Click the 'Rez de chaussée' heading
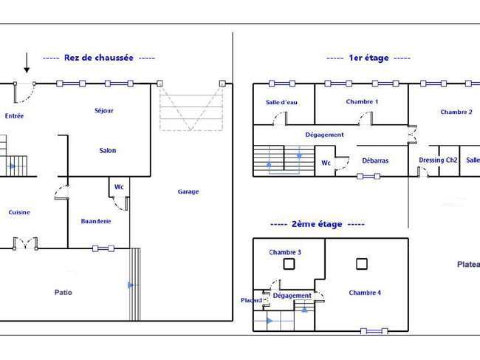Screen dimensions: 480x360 [98, 58]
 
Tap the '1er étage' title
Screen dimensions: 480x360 [368, 58]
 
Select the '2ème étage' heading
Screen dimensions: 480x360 [317, 224]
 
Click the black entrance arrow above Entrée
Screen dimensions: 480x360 [27, 63]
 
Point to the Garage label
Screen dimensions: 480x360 [188, 191]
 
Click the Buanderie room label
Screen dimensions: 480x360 [96, 221]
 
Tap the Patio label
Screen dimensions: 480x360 [64, 292]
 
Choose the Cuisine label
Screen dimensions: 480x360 [19, 212]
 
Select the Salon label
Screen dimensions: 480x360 [108, 151]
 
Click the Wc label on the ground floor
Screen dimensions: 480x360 [119, 187]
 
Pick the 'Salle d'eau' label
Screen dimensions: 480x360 [281, 102]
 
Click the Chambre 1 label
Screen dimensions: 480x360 [362, 102]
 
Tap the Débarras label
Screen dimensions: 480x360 [375, 160]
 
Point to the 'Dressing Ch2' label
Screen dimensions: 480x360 [438, 160]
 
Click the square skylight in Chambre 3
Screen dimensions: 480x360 [289, 264]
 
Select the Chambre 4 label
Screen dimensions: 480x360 [365, 293]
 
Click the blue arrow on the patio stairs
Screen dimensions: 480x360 [131, 285]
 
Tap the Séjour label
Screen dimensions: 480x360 [104, 111]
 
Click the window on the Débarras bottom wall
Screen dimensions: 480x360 [368, 176]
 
